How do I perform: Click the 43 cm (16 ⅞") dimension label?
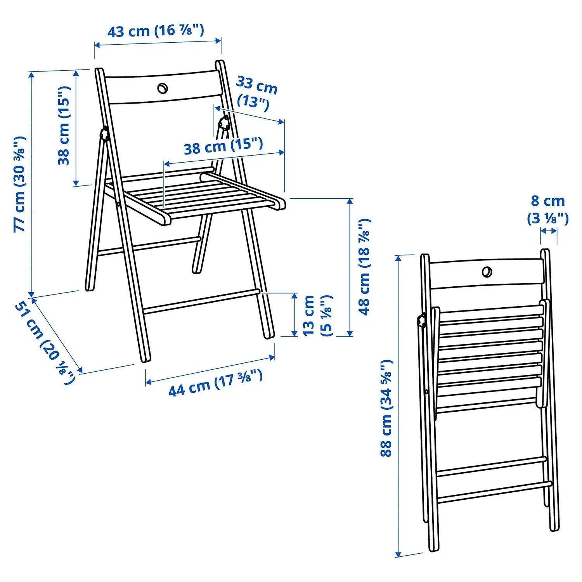tap(156, 31)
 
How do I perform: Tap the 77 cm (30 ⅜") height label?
tap(20, 184)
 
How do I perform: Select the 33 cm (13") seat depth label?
tap(256, 93)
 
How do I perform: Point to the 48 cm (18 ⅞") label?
tap(364, 267)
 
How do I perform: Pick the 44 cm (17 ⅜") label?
tap(216, 383)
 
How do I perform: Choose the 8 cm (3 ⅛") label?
tap(548, 210)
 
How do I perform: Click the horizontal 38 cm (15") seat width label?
tap(223, 146)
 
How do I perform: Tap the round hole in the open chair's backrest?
tap(163, 88)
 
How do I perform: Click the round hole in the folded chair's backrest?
tap(487, 272)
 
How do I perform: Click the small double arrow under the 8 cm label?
tap(549, 231)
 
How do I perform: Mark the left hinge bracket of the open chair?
tap(104, 134)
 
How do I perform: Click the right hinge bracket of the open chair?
tap(224, 123)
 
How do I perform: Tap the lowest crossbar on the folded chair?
tap(495, 492)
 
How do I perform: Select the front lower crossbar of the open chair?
tap(201, 301)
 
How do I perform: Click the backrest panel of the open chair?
tap(163, 87)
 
